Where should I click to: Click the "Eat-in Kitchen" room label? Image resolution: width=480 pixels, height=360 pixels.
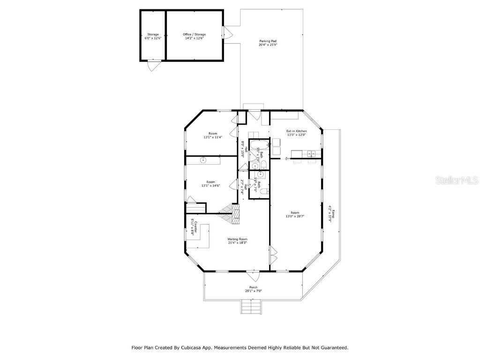[297, 131]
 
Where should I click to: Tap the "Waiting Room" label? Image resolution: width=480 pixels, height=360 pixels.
[237, 239]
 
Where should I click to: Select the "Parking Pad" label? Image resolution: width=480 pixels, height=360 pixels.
[268, 41]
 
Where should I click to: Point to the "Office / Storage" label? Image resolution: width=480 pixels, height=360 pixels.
[194, 34]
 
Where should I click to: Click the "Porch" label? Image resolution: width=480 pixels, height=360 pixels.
[253, 287]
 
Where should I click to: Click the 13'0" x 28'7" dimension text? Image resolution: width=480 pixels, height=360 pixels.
[295, 217]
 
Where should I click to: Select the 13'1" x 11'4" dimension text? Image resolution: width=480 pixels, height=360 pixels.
[212, 137]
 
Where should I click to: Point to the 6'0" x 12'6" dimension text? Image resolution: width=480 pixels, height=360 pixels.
[153, 38]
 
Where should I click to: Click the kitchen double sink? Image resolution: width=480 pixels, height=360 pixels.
[311, 153]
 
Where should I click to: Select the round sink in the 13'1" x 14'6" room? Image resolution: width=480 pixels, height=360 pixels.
[203, 160]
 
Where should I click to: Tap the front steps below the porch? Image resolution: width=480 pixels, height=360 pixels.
[251, 308]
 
